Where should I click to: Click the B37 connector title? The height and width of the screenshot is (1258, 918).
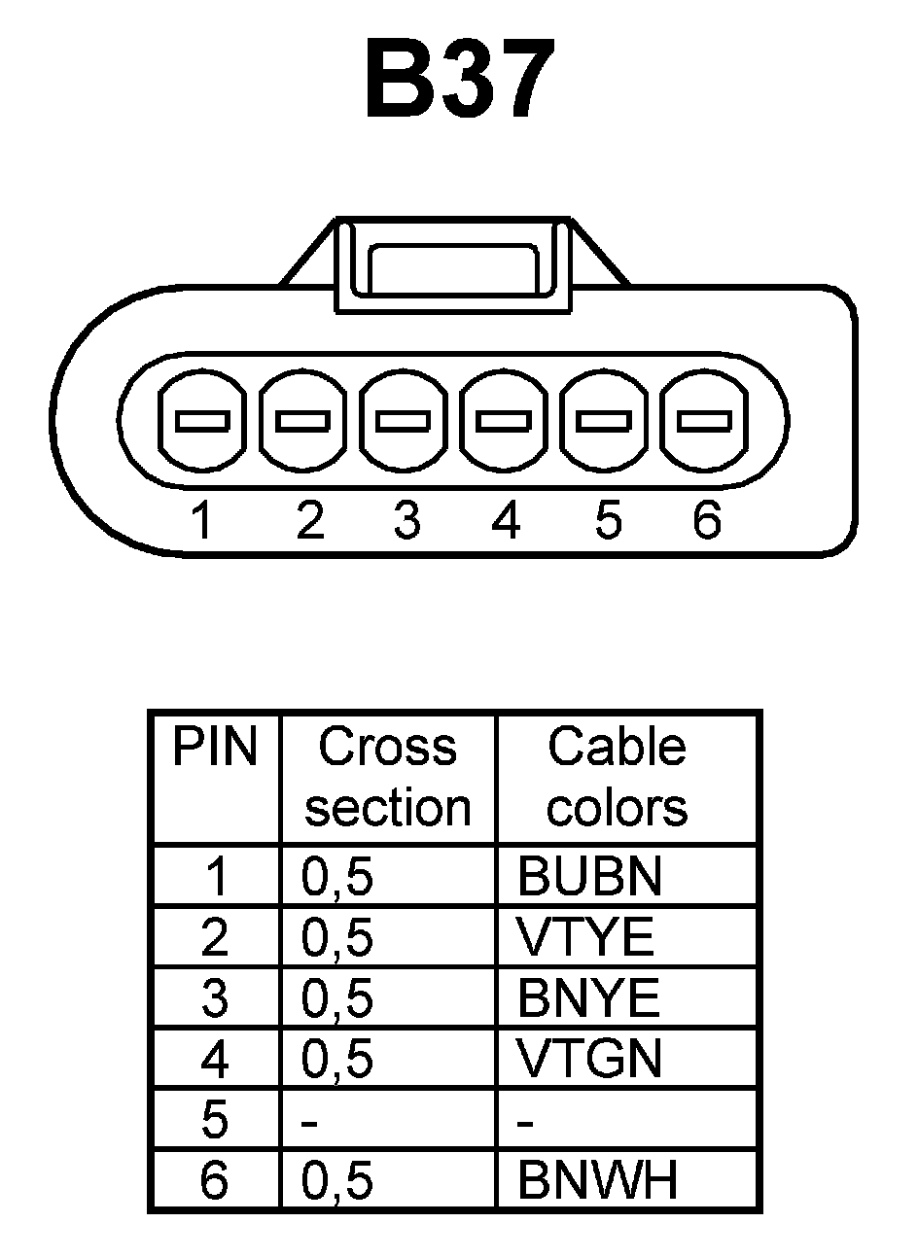[x=460, y=81]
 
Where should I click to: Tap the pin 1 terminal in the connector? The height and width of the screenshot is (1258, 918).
[x=202, y=421]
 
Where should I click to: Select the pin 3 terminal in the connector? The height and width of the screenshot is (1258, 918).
[x=404, y=421]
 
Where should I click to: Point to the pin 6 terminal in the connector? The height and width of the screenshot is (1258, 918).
[x=704, y=421]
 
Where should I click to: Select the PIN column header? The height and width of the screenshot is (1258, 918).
[x=215, y=749]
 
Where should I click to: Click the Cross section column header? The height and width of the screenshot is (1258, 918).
[x=387, y=777]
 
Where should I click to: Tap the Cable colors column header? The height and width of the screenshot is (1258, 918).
[x=617, y=777]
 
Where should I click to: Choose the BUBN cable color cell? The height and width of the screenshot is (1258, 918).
[x=589, y=877]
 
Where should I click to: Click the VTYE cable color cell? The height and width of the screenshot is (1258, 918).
[x=585, y=938]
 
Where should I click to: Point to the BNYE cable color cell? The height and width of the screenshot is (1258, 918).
[x=588, y=998]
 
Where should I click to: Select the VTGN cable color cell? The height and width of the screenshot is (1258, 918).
[x=589, y=1059]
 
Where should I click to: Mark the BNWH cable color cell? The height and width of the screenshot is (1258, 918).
[x=597, y=1180]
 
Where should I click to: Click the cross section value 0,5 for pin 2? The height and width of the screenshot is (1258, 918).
[x=337, y=938]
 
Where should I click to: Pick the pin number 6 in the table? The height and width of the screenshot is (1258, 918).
[x=214, y=1180]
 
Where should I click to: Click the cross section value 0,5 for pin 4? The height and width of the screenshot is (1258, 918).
[x=337, y=1059]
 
